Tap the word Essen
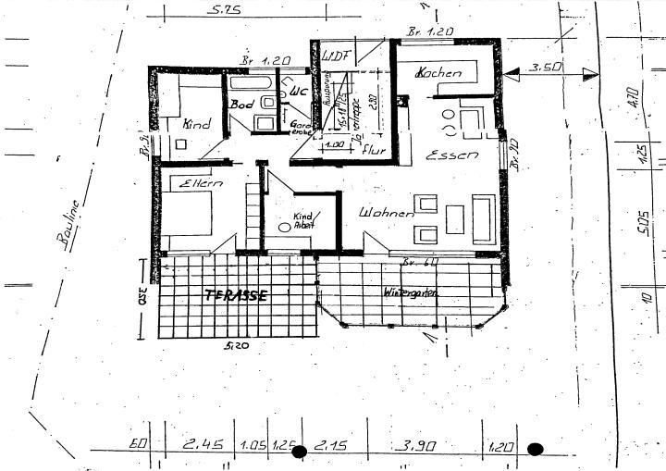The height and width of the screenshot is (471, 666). pos(451,156)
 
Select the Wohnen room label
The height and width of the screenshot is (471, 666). pos(386,214)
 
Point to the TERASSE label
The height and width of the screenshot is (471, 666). pos(236,296)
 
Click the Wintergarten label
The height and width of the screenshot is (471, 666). pos(411,292)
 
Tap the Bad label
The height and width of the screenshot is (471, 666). pos(241,105)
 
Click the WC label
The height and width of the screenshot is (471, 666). pos(298,93)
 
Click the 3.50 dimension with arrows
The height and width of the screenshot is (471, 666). pos(547,68)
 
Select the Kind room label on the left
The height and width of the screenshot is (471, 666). pos(196,124)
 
